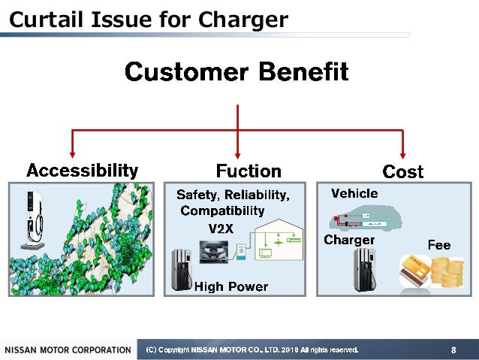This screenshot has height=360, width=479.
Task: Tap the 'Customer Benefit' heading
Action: point(236,72)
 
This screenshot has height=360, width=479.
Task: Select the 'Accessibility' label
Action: point(82,171)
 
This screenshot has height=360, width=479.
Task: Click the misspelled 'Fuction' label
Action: point(249,171)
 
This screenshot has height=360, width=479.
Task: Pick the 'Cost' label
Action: point(403,172)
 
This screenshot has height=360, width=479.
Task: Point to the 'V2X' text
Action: point(221,228)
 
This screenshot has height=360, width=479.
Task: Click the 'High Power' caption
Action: point(230,286)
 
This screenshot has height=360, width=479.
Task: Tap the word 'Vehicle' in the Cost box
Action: point(354,194)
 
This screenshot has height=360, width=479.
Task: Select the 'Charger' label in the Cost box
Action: point(349,240)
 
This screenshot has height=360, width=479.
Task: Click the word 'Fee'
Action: point(438,245)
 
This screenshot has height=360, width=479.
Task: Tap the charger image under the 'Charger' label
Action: point(365,270)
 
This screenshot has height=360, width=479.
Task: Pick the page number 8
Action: point(453,349)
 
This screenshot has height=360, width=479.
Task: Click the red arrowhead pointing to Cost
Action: point(403,154)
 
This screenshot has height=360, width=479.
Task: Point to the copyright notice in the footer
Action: point(252,349)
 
